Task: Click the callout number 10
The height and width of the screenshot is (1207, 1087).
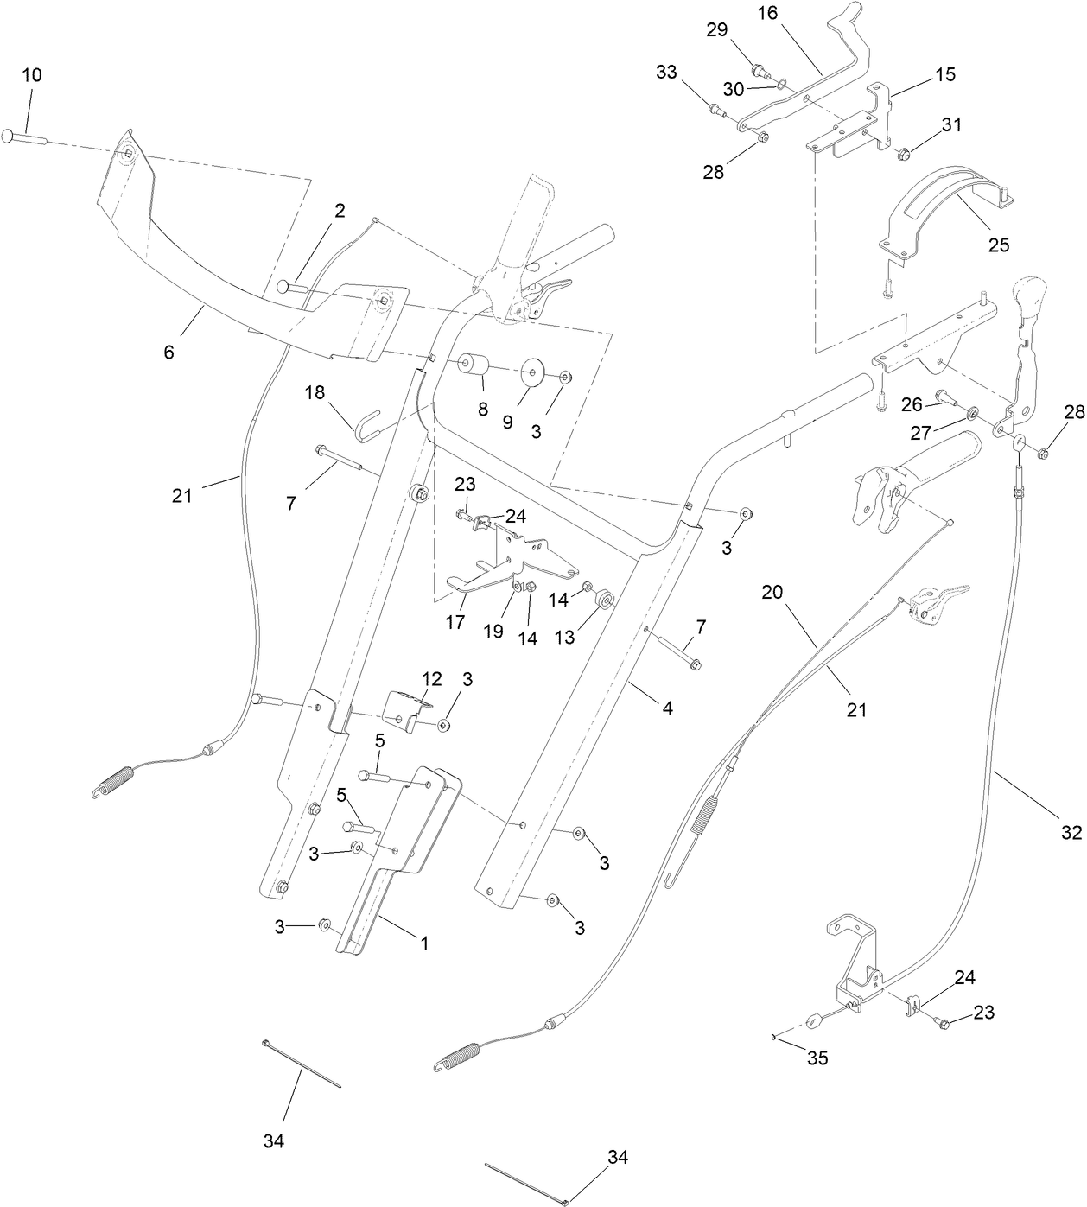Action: [x=31, y=75]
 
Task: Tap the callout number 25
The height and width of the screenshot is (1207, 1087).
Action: [x=999, y=245]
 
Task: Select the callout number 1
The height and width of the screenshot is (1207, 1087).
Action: [x=424, y=944]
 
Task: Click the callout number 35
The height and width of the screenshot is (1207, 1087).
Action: [x=817, y=1058]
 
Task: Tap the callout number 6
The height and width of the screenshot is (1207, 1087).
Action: [x=168, y=352]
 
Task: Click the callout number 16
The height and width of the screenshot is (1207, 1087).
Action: [x=768, y=15]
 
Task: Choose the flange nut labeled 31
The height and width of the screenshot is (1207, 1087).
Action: [x=906, y=155]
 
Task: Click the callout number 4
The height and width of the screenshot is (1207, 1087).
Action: [x=667, y=708]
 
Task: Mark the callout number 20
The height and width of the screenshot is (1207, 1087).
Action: [x=773, y=592]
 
